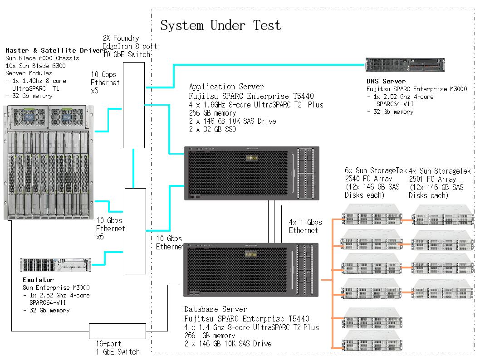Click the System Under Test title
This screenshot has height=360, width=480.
tap(220, 25)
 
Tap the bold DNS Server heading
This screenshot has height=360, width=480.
tap(386, 82)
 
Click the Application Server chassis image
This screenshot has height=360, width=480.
tap(252, 173)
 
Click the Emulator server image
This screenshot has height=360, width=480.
tap(56, 266)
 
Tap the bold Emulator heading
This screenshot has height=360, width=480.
tap(38, 280)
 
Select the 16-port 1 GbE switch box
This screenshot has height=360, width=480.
tap(117, 331)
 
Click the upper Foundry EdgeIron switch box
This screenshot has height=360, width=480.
tap(134, 105)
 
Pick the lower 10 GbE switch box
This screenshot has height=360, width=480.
tap(135, 231)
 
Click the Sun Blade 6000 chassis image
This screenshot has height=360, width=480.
tap(49, 162)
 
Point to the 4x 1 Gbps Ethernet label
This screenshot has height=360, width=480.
tap(305, 226)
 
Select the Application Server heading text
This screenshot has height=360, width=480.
tap(226, 87)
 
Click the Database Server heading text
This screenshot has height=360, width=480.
tap(216, 310)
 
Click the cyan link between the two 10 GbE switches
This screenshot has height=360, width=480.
tap(133, 168)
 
